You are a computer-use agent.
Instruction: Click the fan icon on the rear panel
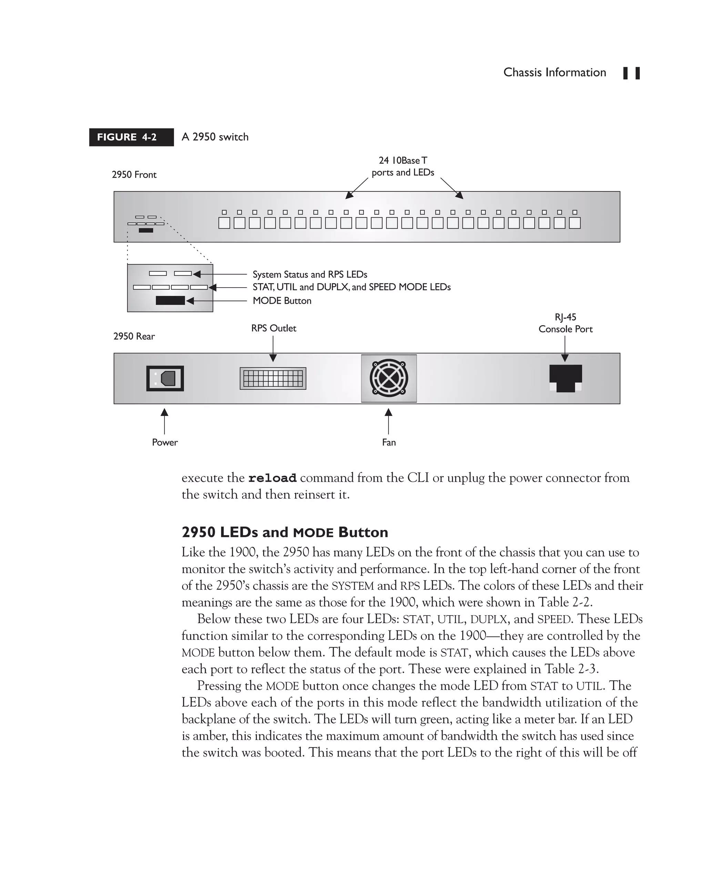pos(389,378)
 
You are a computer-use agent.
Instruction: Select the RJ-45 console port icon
pos(565,378)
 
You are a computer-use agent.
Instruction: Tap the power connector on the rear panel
pos(165,378)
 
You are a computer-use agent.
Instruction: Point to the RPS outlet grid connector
pos(273,378)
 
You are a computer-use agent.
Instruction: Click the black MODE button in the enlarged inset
pos(170,301)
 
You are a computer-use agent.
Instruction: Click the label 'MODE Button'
pos(282,301)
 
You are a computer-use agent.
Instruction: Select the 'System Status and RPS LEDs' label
pos(310,274)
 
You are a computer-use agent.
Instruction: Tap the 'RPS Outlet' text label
pos(273,328)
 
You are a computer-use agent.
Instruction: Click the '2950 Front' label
pos(134,175)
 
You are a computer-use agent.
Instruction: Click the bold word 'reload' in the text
pos(272,478)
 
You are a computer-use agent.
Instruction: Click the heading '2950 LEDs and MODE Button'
pos(285,532)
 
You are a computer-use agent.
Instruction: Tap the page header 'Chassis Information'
pos(554,72)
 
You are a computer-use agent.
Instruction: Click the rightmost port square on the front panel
pos(574,223)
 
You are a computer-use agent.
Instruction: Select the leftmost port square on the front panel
pos(224,223)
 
